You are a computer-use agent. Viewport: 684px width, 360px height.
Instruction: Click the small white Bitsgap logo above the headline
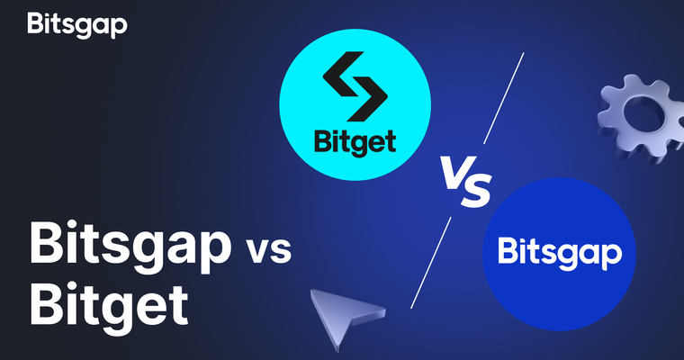point(77,24)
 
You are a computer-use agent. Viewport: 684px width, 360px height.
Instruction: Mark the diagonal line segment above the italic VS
point(504,98)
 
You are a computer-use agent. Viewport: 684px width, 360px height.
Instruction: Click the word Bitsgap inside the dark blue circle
point(559,253)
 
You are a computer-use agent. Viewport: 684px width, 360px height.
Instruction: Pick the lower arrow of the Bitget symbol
point(359,103)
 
